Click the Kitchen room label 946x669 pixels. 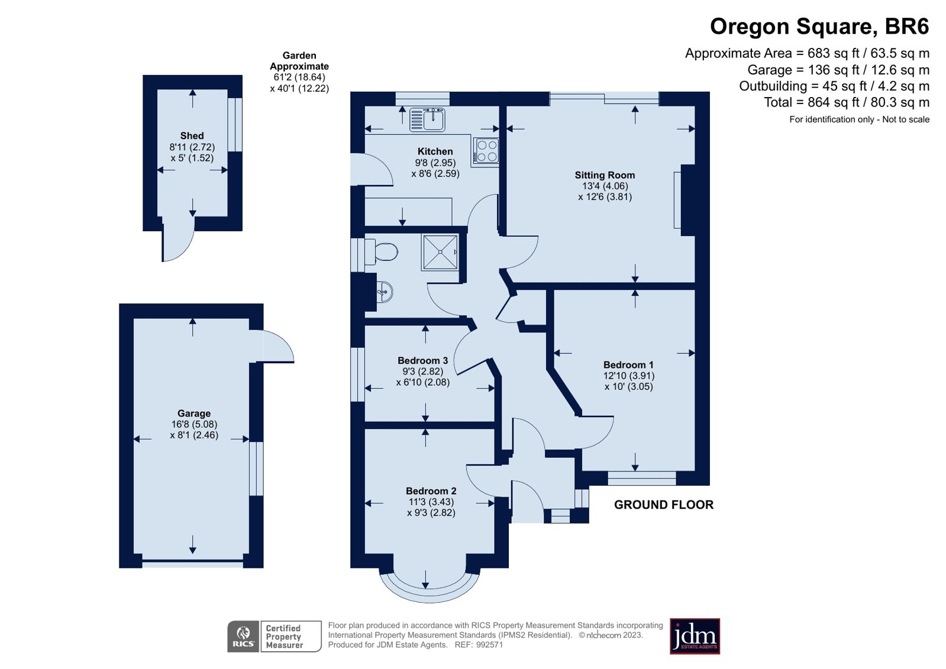(435, 151)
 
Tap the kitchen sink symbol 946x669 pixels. (427, 119)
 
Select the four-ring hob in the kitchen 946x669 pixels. (486, 151)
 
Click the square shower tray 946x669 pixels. (440, 252)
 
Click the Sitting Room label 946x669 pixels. (605, 175)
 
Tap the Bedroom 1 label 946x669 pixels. (628, 364)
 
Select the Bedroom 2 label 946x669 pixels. (431, 491)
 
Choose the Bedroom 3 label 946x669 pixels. (422, 360)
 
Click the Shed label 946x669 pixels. (192, 135)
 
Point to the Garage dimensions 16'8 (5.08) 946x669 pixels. (194, 424)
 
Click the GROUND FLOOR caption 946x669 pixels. (663, 505)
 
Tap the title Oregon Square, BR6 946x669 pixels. (819, 27)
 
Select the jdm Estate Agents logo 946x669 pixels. (695, 636)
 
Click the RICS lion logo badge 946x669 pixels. (243, 636)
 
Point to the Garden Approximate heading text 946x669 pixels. (299, 61)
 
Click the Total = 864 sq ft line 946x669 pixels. (847, 102)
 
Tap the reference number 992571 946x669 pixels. (489, 645)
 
